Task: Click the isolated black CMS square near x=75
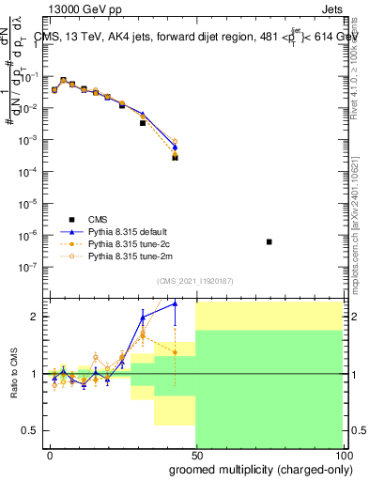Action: (269, 242)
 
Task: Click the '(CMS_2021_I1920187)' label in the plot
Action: (195, 280)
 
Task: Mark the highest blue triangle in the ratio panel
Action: (175, 303)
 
